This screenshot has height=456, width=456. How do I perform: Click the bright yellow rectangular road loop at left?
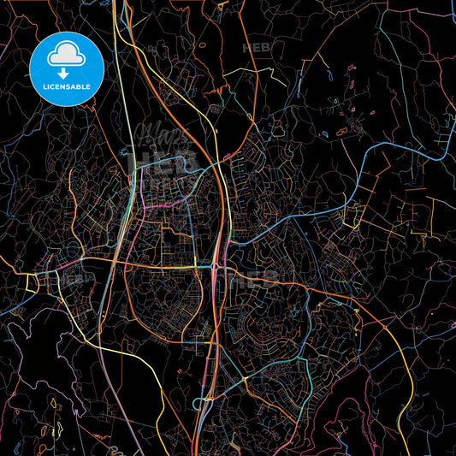click(x=38, y=282)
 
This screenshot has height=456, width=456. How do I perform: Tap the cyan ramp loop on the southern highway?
click(x=205, y=402)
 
